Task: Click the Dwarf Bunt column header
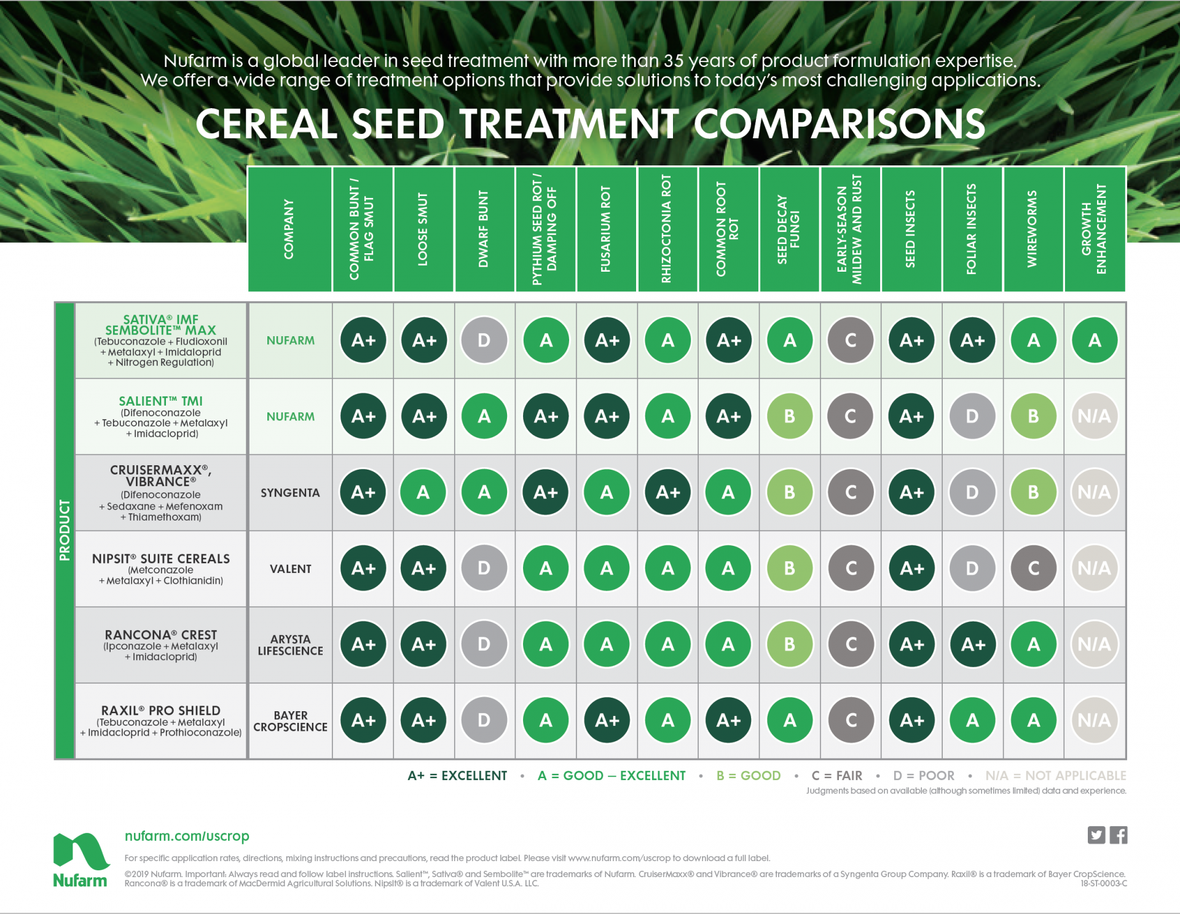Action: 484,229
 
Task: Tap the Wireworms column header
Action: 1033,229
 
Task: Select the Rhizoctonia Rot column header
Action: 667,229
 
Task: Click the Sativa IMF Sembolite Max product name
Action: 161,325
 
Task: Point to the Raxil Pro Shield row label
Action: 161,711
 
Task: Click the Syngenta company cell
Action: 290,493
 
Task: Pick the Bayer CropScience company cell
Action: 290,721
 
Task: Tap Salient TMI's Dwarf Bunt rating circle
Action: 484,417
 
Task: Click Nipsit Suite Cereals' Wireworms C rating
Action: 1033,569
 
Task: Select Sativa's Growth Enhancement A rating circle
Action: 1095,341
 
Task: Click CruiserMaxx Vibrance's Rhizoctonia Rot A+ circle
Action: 667,492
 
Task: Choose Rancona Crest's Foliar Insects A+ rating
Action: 972,645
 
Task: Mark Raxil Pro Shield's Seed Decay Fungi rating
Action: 790,720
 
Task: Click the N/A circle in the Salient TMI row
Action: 1094,417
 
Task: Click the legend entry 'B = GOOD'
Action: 748,776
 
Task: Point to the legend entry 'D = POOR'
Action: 924,776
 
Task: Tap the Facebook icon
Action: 1119,835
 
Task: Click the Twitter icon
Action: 1096,835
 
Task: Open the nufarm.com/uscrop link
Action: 187,836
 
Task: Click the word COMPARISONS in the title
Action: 840,124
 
